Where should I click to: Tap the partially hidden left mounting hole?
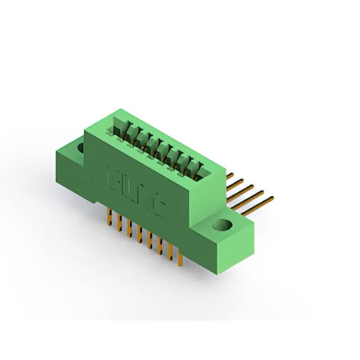80,148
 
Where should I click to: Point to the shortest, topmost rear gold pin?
229,175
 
